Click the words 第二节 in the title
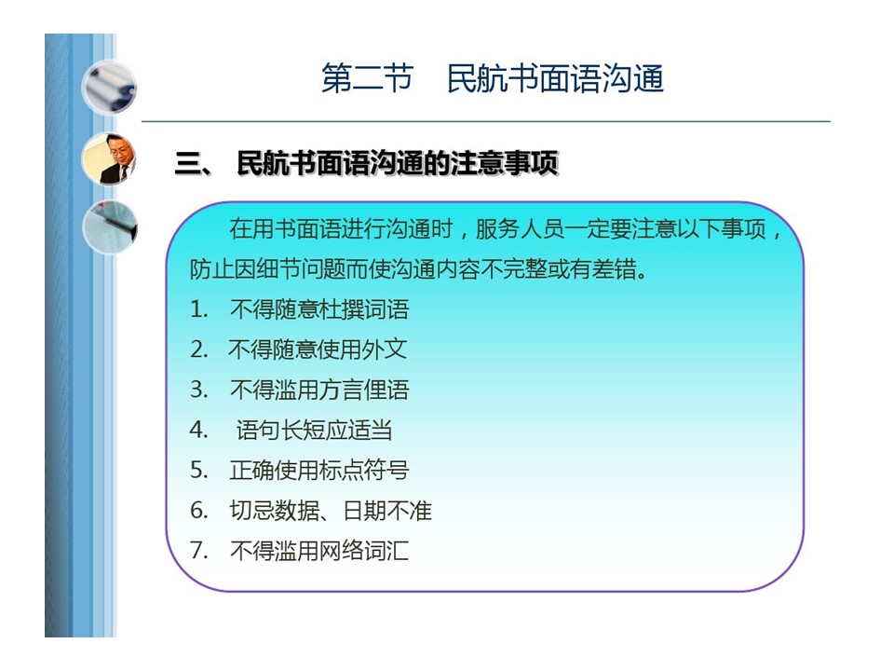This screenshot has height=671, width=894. (x=367, y=78)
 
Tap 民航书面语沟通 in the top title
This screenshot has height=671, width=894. (x=555, y=78)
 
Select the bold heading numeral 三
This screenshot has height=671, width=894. (x=189, y=164)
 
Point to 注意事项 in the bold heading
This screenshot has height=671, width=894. (x=504, y=164)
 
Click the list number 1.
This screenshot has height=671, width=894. (x=197, y=309)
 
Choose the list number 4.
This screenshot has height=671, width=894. (x=198, y=430)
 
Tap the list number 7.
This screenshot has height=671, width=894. (x=198, y=550)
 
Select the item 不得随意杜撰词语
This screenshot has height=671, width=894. (x=319, y=309)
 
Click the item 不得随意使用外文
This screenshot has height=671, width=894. (x=318, y=349)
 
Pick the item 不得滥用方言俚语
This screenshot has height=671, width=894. (x=319, y=390)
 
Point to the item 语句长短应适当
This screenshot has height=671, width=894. (x=314, y=431)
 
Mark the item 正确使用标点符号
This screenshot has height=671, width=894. (x=319, y=470)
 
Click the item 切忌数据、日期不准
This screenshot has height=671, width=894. (x=331, y=510)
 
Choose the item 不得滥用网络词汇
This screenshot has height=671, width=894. (x=319, y=551)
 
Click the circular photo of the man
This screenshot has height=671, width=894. (x=109, y=158)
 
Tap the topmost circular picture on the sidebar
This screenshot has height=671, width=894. (x=109, y=89)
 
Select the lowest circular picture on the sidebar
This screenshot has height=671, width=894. (x=110, y=227)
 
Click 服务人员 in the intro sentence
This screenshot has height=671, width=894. (x=520, y=229)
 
